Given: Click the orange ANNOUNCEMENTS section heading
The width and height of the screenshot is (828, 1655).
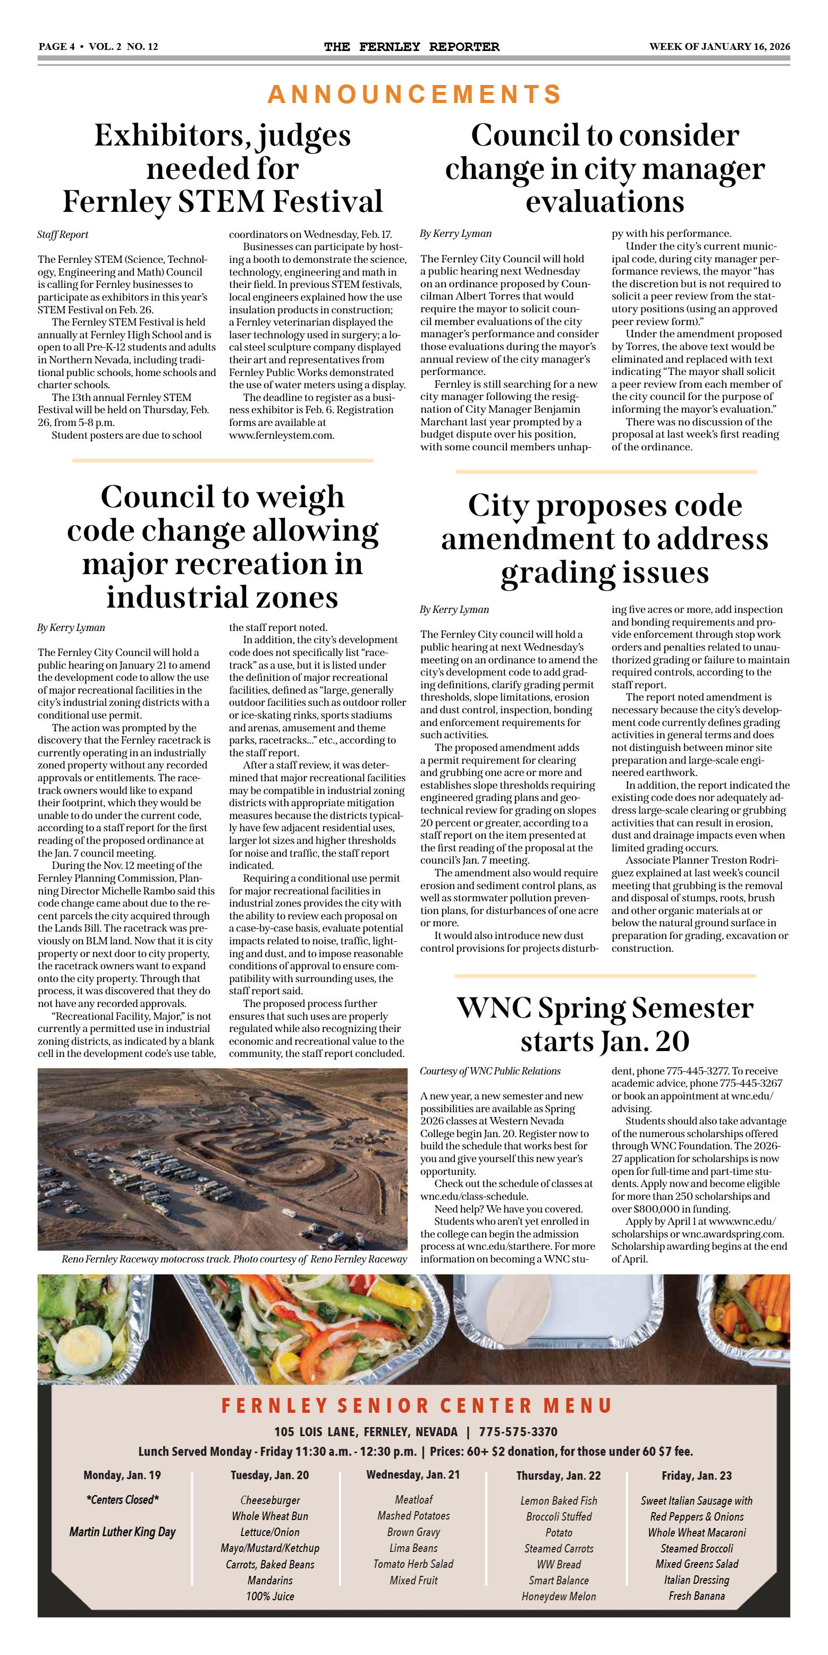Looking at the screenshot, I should point(414,95).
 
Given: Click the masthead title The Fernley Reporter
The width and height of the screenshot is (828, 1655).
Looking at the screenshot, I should point(411,46).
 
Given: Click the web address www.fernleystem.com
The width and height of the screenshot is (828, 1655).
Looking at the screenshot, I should point(282,435).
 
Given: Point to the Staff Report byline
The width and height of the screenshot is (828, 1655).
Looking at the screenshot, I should point(63,235).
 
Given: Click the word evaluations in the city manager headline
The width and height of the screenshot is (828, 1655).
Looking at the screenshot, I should point(604,202).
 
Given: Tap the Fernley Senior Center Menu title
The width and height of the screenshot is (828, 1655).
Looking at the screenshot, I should point(416,1406).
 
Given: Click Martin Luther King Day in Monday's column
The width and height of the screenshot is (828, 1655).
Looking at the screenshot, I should point(122,1532).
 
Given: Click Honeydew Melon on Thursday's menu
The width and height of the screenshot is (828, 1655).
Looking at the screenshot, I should point(558,1597).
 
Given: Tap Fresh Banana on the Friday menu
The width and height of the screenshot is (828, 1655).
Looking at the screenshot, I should point(696,1596).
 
